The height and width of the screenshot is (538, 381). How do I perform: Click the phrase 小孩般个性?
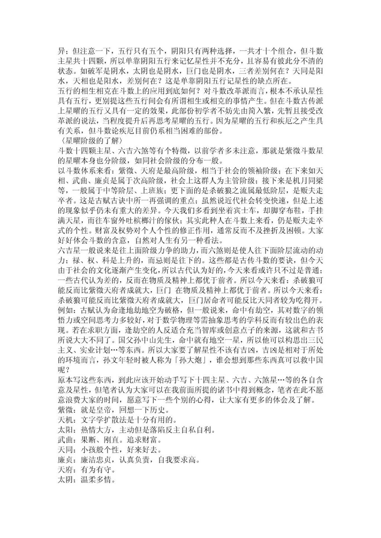coord(100,450)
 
